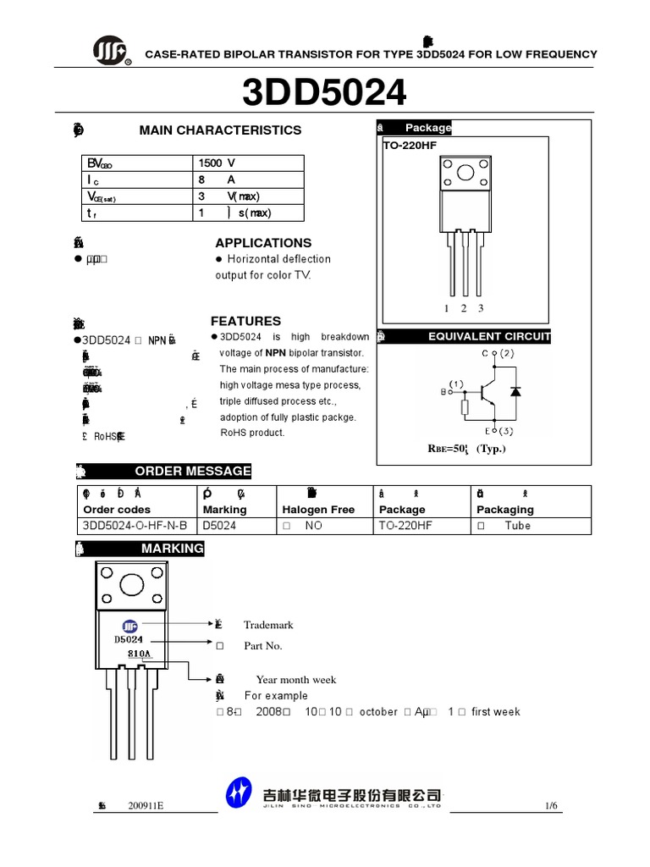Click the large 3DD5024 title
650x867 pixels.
(324, 92)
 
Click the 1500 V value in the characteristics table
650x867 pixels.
(217, 163)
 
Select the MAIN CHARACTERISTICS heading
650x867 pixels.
(220, 130)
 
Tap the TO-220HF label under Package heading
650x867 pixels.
(407, 146)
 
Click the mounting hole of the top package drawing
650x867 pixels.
(465, 174)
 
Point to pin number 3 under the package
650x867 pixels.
(480, 308)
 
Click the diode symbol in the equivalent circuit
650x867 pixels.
(515, 390)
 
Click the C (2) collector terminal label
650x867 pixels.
(499, 352)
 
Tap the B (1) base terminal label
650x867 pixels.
(452, 387)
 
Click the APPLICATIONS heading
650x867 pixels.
(263, 243)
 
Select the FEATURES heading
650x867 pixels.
(245, 322)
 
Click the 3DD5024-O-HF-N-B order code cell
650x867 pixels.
(135, 526)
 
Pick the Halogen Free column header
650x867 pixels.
(318, 510)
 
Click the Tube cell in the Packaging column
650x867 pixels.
(517, 526)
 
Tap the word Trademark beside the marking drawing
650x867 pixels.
(268, 625)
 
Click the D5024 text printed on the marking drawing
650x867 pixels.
(129, 639)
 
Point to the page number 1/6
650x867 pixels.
(551, 805)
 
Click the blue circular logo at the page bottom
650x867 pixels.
(240, 793)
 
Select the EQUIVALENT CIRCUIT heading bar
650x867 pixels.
(489, 336)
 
